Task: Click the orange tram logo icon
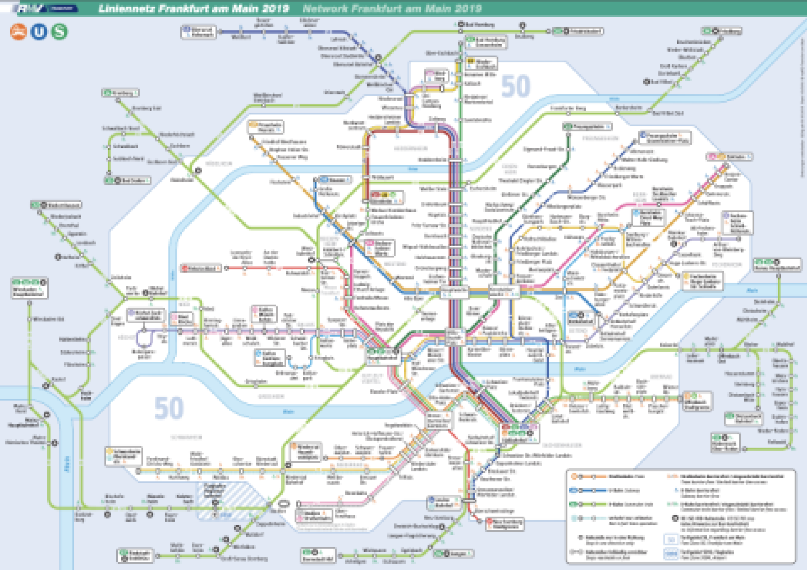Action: (x=19, y=31)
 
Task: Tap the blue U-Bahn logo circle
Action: (x=39, y=31)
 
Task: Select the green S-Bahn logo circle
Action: (x=59, y=31)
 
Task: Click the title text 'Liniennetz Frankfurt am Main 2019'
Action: (x=194, y=8)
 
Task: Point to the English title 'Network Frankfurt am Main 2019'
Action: (x=392, y=8)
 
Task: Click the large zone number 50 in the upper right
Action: (x=515, y=86)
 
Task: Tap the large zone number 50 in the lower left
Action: (x=168, y=408)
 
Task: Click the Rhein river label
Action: (x=67, y=465)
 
